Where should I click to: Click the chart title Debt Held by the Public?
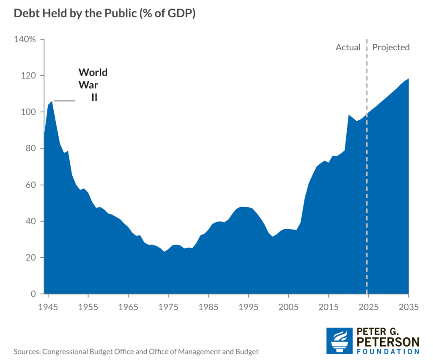coord(104,14)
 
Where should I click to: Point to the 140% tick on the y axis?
coord(25,40)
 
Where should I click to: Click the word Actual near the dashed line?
coord(348,47)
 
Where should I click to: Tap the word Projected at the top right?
coord(391,47)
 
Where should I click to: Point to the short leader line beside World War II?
coord(64,101)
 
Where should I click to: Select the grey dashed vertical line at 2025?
coord(367,169)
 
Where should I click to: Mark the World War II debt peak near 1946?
coord(52,101)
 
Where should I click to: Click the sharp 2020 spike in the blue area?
coord(348,115)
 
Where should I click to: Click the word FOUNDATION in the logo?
coord(388,352)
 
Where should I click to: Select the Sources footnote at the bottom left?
coord(136,352)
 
